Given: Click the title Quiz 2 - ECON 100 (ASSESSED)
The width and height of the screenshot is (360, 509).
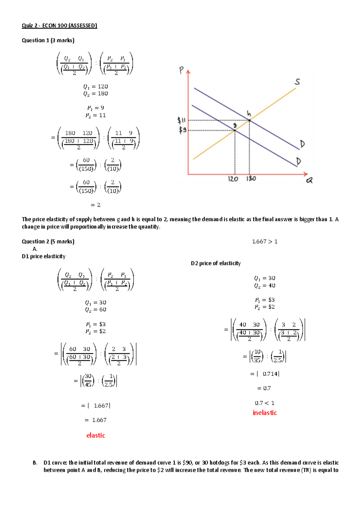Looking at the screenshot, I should click(59, 25).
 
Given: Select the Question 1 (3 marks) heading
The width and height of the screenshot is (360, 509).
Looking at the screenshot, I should click(48, 40).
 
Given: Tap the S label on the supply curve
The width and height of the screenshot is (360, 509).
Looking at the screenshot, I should click(297, 82).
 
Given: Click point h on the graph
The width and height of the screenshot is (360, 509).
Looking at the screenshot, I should click(250, 120).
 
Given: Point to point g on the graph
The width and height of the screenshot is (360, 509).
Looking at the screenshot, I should click(235, 130).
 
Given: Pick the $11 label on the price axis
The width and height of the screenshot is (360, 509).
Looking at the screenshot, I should click(181, 121).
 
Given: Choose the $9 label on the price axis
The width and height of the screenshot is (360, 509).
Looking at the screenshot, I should click(183, 130).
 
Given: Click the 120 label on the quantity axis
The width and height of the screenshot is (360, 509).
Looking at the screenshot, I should click(233, 179).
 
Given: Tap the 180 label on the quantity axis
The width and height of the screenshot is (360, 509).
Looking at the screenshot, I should click(251, 179).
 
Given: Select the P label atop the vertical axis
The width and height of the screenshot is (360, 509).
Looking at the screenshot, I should click(181, 70).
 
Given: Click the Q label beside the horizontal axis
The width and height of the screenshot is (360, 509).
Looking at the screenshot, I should click(309, 180).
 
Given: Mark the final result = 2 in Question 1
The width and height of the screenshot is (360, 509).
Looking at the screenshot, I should click(95, 205).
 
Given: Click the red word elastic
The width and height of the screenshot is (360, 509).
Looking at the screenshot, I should click(96, 435).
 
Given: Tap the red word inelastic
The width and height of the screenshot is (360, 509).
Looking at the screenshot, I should click(265, 413).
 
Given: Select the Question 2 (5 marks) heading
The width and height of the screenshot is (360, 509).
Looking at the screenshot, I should click(48, 241).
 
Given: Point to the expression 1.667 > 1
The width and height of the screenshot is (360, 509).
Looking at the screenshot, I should click(265, 242).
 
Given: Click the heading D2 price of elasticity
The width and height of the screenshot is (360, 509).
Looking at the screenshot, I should click(216, 263).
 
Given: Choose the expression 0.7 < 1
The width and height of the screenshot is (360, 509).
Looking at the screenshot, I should click(265, 403).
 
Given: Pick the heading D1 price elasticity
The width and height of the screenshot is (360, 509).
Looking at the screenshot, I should click(43, 256).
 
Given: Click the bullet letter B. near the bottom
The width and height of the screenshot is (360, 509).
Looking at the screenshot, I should click(35, 463).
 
